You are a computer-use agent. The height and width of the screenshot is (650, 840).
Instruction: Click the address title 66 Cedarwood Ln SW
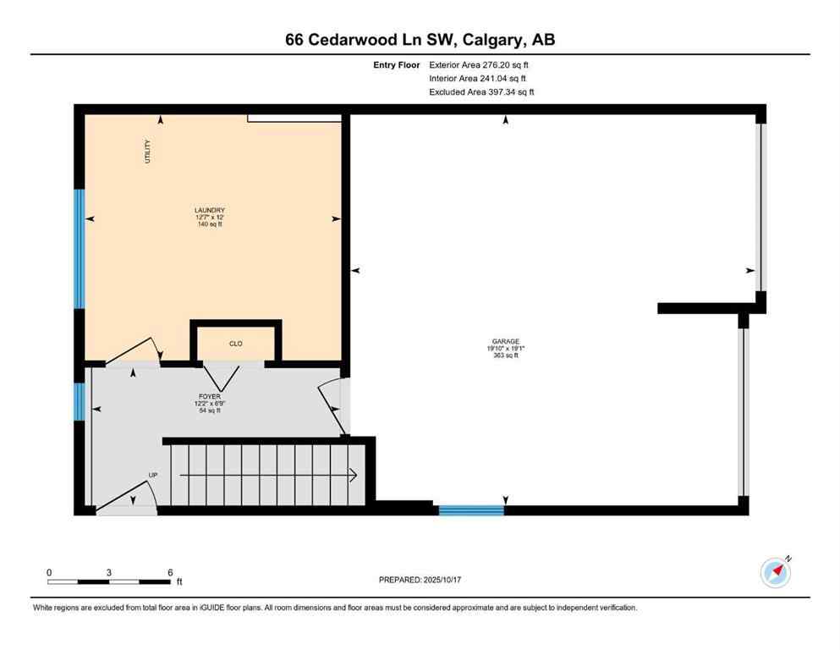pos(420,40)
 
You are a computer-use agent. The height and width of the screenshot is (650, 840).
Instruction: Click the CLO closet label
pos(236,344)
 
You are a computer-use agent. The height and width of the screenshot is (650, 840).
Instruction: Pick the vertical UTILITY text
pos(147,152)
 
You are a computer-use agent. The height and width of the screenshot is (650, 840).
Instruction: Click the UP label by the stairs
pos(153,475)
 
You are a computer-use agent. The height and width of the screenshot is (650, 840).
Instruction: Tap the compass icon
pos(775,572)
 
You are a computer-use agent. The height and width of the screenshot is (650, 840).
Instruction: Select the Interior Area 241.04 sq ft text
pos(480,78)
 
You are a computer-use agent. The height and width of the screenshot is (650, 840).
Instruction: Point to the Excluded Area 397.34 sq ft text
pos(481,91)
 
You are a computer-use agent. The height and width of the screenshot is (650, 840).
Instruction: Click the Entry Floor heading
pos(397,64)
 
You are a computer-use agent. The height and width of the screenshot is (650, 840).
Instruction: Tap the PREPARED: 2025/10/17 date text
pos(420,580)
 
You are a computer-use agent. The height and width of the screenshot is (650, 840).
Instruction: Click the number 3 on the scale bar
pos(109,572)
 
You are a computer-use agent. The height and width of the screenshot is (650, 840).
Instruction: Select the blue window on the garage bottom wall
pos(470,510)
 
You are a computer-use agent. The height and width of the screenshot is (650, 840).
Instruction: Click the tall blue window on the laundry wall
pos(79,248)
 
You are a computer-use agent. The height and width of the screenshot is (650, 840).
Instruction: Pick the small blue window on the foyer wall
pos(79,400)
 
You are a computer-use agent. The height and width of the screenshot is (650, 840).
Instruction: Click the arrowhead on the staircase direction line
pos(354,476)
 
